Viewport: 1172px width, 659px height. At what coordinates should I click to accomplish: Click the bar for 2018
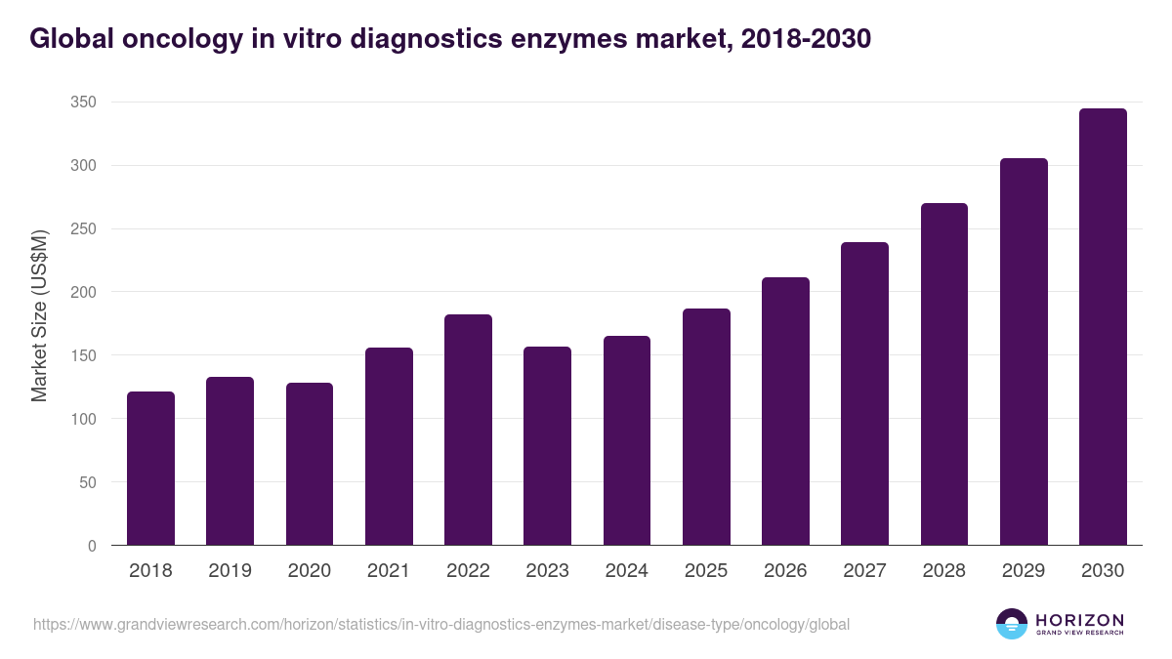point(150,469)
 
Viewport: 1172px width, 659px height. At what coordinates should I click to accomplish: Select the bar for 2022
point(468,430)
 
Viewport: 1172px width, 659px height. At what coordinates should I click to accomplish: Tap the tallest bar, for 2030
point(1103,327)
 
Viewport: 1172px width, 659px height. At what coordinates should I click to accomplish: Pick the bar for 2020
point(310,464)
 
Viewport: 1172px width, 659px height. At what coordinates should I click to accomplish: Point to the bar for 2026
point(785,411)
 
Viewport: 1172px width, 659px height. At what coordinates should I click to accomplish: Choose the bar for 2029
point(1024,351)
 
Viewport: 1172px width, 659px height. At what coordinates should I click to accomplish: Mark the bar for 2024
point(627,440)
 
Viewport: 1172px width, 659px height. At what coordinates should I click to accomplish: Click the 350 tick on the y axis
point(83,103)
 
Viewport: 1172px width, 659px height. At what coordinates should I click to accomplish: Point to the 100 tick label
point(83,419)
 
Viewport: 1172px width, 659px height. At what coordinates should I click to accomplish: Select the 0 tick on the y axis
point(92,546)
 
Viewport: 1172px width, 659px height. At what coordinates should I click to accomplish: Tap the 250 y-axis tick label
point(83,229)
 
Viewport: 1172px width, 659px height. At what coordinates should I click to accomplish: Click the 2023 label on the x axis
point(547,571)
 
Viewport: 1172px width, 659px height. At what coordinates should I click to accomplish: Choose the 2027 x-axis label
point(864,571)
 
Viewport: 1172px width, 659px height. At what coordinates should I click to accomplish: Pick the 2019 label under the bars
point(230,571)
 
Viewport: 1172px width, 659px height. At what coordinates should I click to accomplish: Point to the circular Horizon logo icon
point(1012,624)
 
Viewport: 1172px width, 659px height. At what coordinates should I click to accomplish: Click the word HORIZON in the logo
point(1079,619)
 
